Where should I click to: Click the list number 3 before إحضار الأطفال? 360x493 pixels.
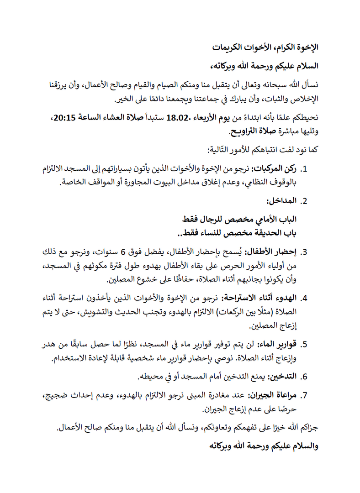tap(305, 252)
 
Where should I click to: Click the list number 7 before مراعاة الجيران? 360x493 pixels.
tap(305, 395)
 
